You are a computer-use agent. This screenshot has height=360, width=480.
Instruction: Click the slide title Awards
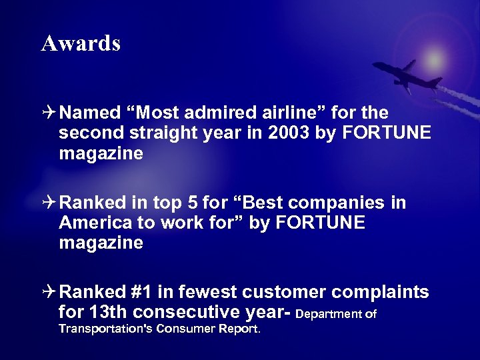(81, 43)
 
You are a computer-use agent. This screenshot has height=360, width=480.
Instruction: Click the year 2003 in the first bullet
(289, 133)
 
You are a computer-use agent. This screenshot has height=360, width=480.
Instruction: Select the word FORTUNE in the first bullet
(387, 133)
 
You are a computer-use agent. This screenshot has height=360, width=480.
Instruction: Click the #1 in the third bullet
(145, 291)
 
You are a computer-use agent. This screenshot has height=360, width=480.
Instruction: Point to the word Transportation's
(105, 329)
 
